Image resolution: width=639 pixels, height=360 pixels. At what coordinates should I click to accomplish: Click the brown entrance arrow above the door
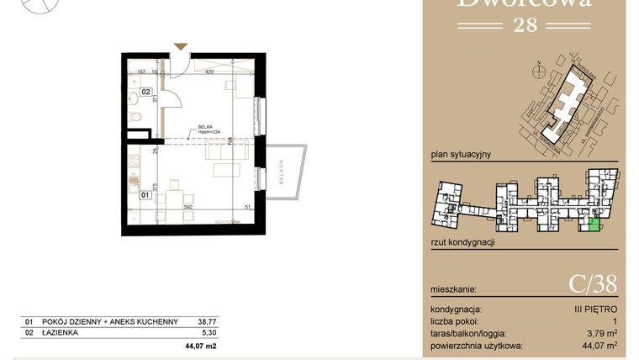point(177,47)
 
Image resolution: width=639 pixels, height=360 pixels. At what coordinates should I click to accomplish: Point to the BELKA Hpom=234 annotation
point(209,129)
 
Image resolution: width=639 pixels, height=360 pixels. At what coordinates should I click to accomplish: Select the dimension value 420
point(209,72)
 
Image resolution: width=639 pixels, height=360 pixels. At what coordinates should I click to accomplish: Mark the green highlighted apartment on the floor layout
point(594,223)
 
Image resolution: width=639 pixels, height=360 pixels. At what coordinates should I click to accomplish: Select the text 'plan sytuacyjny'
point(460,155)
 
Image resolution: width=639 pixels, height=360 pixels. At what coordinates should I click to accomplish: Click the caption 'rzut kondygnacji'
point(462,242)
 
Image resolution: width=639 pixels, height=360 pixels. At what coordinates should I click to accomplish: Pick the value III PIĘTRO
point(596,310)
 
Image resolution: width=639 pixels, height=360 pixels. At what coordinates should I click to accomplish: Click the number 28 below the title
point(523,24)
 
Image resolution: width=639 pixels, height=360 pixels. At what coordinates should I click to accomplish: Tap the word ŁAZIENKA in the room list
point(64,333)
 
